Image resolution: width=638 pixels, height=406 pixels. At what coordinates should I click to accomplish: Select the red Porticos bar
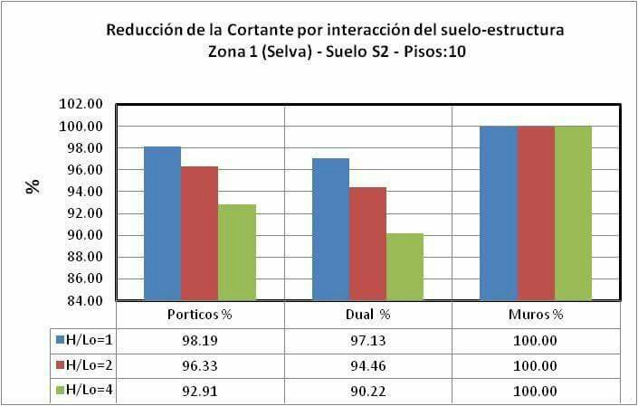click(200, 232)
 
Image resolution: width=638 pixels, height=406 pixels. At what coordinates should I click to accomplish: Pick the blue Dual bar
click(330, 229)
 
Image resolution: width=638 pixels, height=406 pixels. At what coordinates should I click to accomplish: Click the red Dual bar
click(367, 243)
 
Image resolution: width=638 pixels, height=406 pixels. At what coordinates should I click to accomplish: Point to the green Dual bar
click(405, 266)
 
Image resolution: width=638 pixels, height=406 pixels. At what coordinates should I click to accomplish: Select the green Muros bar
click(573, 212)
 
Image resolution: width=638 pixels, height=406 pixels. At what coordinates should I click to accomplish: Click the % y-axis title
click(33, 187)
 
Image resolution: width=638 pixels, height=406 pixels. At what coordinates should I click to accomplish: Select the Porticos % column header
click(201, 316)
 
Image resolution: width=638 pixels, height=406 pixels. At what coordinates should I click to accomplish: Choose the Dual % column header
click(368, 316)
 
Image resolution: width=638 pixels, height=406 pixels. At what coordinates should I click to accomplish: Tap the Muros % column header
click(536, 316)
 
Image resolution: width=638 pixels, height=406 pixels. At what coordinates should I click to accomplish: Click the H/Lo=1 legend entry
click(84, 340)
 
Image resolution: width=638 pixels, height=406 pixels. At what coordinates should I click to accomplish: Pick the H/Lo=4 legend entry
click(84, 391)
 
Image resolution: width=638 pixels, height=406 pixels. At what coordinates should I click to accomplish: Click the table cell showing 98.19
click(201, 341)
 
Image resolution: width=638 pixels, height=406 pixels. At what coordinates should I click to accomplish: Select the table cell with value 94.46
click(368, 366)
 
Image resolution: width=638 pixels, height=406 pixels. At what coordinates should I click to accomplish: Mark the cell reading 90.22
click(368, 392)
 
